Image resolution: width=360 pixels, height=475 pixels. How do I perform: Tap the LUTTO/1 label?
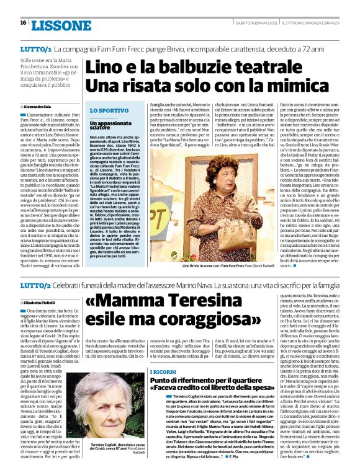point(35,48)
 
